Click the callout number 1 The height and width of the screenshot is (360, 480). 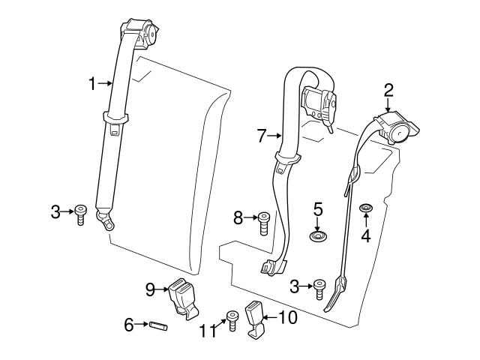tap(92, 84)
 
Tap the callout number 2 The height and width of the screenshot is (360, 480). tap(388, 90)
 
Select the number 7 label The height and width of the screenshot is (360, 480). tap(262, 136)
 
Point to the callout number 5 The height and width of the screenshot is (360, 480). tap(318, 207)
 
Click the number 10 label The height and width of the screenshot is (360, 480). tap(287, 317)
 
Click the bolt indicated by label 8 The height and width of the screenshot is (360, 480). tap(264, 223)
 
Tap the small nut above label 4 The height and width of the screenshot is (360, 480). tap(366, 208)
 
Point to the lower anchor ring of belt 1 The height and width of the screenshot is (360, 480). tap(109, 222)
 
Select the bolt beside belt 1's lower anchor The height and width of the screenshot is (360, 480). tap(80, 215)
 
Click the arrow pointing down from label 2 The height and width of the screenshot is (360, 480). tap(388, 106)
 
